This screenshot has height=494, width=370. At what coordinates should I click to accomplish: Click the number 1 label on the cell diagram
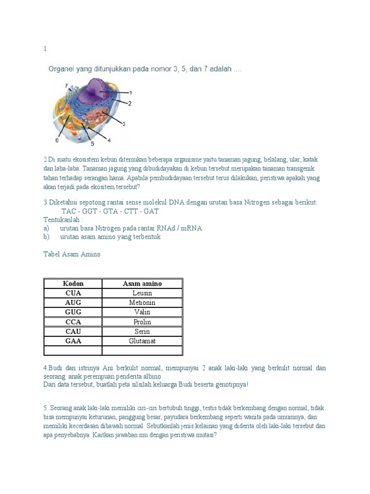point(131,92)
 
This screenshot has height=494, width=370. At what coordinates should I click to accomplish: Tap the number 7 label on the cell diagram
point(66,85)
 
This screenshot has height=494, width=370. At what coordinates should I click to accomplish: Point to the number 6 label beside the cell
point(57,140)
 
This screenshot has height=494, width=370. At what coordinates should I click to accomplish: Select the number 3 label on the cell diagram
point(123,124)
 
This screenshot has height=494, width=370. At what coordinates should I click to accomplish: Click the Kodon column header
point(73,284)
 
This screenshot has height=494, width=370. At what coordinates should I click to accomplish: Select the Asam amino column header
point(142,284)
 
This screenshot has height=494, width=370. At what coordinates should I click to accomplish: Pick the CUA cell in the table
point(73,293)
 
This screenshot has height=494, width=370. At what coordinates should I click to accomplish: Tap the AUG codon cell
point(73,302)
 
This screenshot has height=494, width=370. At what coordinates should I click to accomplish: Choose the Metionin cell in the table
point(142,302)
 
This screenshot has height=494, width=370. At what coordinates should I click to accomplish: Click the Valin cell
point(142,312)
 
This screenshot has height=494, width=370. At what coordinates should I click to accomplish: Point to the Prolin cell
point(142,322)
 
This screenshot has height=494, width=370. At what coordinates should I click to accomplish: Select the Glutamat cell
point(142,341)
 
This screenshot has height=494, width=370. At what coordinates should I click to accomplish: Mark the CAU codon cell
point(73,331)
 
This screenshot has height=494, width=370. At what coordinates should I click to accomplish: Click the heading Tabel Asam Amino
point(72,254)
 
